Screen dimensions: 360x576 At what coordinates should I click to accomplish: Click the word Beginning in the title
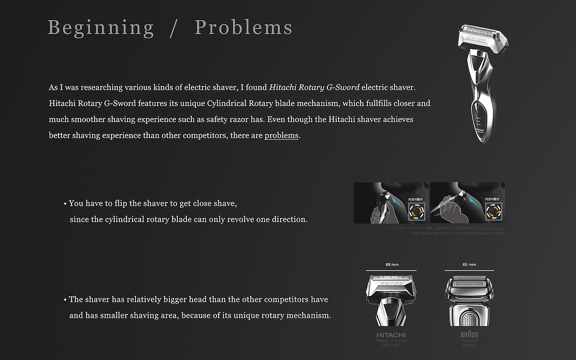(101, 28)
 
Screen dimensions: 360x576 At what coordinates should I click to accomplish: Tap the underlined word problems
(281, 135)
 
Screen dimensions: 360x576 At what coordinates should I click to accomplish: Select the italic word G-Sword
(343, 87)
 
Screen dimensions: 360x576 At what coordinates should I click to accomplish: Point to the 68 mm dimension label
(392, 265)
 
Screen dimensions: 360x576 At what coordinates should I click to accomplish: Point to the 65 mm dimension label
(469, 265)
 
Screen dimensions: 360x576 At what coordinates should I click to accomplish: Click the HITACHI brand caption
(391, 335)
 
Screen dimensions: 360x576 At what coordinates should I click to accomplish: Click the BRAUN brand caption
(469, 335)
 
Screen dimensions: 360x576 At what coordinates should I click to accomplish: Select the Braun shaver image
(469, 300)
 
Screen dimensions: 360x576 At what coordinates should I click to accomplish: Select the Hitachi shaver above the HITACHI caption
(391, 300)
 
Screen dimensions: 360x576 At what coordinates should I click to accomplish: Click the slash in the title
(174, 28)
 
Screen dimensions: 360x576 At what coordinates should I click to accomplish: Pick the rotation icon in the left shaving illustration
(416, 211)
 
